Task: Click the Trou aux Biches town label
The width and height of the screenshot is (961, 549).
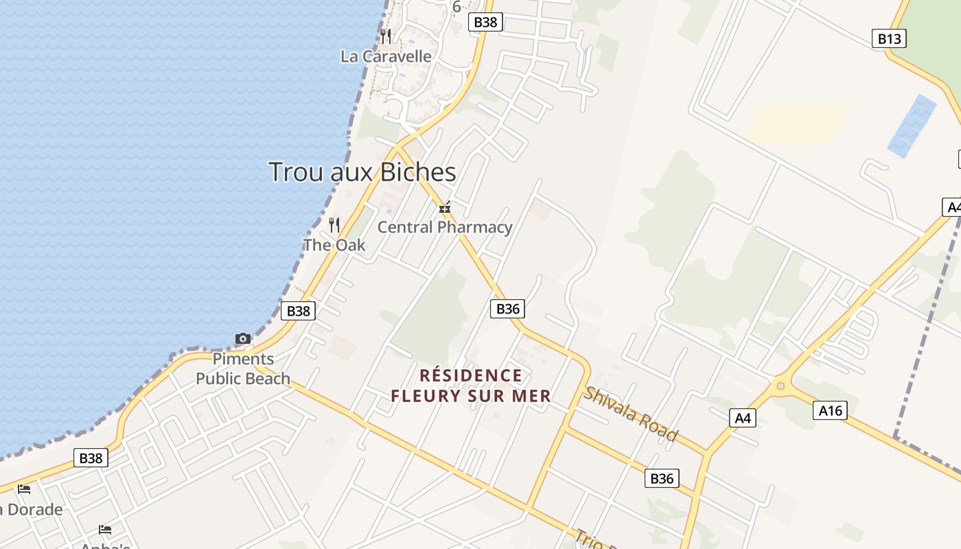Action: tap(362, 172)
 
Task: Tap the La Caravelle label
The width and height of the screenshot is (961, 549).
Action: tap(386, 56)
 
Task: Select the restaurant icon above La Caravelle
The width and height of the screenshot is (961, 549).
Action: tap(386, 36)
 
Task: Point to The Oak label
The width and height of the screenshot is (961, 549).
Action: tap(334, 245)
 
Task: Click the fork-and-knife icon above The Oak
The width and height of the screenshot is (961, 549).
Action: tap(334, 224)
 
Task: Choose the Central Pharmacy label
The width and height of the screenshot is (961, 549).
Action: tap(445, 227)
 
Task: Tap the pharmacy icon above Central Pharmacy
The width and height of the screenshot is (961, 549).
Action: tap(445, 207)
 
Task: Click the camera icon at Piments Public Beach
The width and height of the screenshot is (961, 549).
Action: tap(243, 338)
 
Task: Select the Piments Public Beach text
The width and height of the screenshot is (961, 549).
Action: tap(243, 369)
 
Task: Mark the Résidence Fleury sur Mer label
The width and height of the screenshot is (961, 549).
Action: tap(471, 386)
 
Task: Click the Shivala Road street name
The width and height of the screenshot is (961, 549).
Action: tap(630, 414)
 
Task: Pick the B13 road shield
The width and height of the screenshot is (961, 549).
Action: tap(889, 38)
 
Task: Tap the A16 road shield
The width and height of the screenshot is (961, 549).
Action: tap(830, 410)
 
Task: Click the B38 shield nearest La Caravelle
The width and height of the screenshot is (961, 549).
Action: tap(485, 22)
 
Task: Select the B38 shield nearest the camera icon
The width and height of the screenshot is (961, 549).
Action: tap(298, 311)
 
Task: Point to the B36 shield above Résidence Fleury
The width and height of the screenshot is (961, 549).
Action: tap(507, 309)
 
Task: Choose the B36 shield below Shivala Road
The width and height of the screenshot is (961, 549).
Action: tap(662, 478)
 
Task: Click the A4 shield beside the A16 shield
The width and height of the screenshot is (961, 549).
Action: tap(742, 417)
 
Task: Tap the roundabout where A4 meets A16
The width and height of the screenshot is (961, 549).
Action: tap(780, 386)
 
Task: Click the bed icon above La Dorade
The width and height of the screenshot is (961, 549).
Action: tap(24, 489)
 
